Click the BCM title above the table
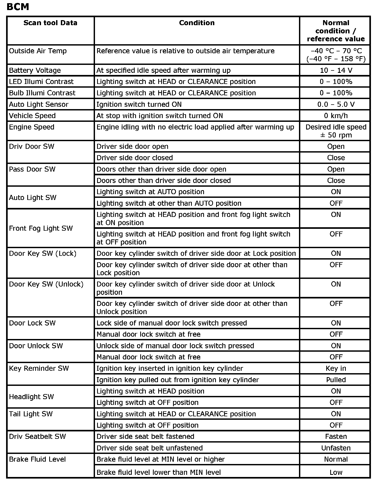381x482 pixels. pos(18,7)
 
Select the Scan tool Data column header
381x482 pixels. pos(50,23)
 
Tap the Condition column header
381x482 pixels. pos(197,23)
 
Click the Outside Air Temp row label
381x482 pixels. pos(38,51)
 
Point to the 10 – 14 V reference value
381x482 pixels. pos(336,70)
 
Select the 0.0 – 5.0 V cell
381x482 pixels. pos(336,104)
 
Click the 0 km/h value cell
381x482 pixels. pos(336,116)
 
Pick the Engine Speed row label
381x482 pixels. pos(31,127)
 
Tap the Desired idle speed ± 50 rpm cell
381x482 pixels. pos(336,131)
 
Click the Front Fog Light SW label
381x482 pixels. pos(41,228)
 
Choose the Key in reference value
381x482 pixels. pos(336,368)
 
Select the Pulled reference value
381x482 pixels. pos(336,380)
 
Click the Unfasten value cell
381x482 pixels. pos(336,448)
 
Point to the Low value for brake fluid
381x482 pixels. pos(336,472)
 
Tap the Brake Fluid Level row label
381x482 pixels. pos(37,459)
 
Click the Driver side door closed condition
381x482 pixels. pos(134,158)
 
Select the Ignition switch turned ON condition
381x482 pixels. pos(139,104)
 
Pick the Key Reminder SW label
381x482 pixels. pos(39,368)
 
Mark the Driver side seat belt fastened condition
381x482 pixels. pos(145,436)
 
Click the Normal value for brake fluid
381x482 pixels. pos(336,459)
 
